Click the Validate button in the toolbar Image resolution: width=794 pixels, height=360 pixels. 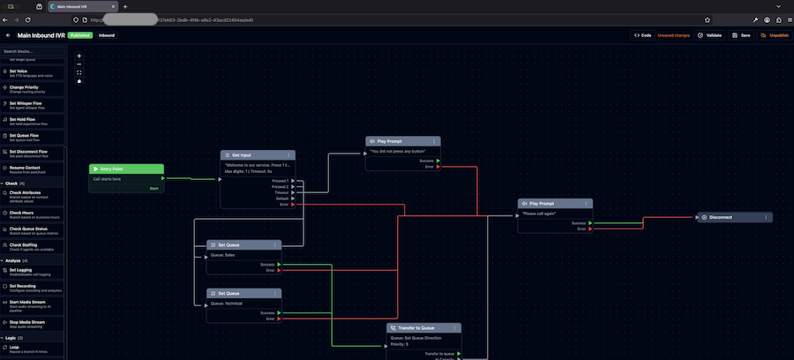[x=711, y=35]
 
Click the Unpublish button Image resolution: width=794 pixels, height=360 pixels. [x=775, y=35]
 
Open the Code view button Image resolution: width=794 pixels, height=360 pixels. [x=642, y=35]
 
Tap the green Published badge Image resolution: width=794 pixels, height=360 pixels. [x=80, y=35]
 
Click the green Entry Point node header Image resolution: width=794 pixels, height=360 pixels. [x=126, y=169]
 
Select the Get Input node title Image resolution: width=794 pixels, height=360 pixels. [x=243, y=154]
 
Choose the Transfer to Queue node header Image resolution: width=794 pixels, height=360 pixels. [x=417, y=327]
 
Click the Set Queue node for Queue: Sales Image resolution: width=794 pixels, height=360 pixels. [x=228, y=244]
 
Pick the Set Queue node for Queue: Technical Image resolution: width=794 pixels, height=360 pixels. [x=228, y=293]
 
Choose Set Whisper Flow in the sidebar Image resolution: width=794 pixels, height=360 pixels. [x=31, y=104]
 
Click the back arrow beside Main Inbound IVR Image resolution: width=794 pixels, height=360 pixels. [x=8, y=35]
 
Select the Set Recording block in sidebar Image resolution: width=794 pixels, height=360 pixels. [x=31, y=288]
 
